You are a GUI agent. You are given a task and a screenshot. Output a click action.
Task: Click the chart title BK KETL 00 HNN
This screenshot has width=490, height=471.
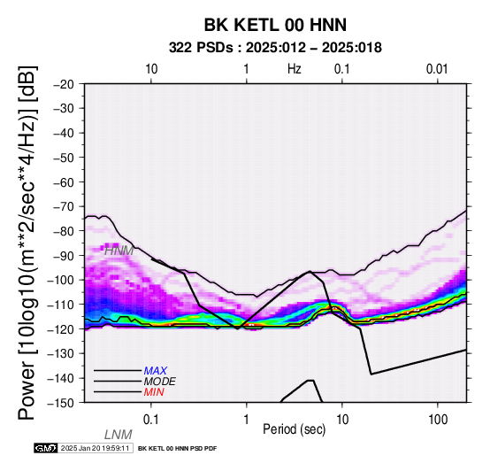(275, 25)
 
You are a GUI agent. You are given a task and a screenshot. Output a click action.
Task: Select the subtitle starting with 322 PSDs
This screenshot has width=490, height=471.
(275, 48)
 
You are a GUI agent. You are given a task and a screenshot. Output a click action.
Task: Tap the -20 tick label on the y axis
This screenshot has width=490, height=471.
(64, 84)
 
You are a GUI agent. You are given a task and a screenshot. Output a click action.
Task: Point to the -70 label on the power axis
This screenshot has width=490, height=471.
(64, 206)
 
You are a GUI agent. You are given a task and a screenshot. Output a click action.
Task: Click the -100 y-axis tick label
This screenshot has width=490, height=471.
(61, 280)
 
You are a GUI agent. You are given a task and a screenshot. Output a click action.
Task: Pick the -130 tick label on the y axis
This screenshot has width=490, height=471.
(61, 353)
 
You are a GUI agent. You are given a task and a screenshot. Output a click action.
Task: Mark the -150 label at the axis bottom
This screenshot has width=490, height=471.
(61, 403)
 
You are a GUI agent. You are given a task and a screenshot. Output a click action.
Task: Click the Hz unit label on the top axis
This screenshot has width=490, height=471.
(295, 69)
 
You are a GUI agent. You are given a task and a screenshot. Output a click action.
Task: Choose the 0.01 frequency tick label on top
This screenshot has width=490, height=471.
(437, 69)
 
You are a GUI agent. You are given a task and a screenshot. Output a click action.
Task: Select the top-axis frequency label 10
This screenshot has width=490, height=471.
(151, 69)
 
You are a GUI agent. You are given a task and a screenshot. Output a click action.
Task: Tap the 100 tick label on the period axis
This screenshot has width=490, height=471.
(438, 420)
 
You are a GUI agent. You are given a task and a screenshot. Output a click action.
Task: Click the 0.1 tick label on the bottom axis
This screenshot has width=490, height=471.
(151, 420)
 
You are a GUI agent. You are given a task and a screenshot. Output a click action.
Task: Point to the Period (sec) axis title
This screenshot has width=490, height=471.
(294, 429)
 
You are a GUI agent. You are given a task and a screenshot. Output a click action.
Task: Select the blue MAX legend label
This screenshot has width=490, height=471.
(156, 371)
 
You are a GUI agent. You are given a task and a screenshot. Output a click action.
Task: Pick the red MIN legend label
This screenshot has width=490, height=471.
(154, 392)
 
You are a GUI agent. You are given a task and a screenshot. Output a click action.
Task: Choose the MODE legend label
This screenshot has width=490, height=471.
(160, 382)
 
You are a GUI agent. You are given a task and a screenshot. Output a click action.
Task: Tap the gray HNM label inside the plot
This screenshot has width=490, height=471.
(119, 251)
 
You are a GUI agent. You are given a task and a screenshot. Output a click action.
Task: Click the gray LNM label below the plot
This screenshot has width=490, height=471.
(119, 435)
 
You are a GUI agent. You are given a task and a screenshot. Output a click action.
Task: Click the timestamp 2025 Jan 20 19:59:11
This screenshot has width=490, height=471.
(95, 448)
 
